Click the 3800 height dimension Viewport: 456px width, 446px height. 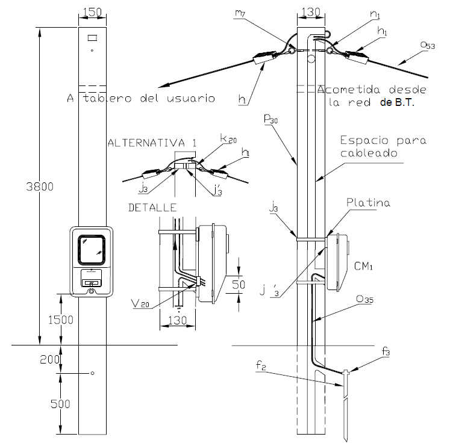point(40,187)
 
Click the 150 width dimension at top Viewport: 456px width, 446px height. point(93,12)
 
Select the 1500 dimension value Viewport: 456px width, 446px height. point(61,320)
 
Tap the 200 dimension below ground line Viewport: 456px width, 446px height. point(50,360)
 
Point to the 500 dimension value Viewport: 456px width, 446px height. point(60,404)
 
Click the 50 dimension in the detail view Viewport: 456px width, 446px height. point(239,285)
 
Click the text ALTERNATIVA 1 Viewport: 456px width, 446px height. point(152,143)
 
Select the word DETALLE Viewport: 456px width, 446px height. point(152,208)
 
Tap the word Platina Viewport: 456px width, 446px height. point(368,202)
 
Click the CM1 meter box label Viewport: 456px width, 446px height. point(363,266)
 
